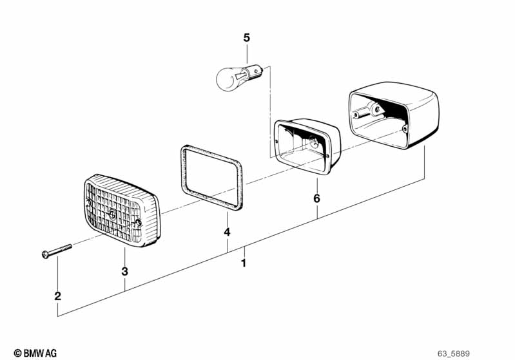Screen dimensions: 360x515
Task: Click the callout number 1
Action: [x=243, y=263]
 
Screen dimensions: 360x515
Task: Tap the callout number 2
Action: [x=57, y=296]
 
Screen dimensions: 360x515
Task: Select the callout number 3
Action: [x=124, y=272]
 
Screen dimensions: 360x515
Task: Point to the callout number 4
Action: [x=226, y=232]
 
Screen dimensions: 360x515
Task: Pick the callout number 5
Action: [x=246, y=38]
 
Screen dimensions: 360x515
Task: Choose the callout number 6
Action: [x=316, y=198]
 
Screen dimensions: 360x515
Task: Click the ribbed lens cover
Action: [x=121, y=210]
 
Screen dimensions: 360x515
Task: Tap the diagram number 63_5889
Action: [x=454, y=353]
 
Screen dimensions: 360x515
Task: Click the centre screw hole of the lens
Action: [x=113, y=214]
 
